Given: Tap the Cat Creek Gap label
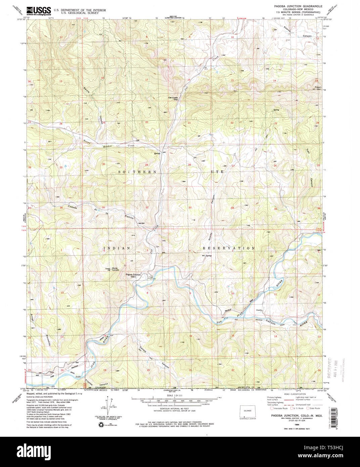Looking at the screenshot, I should click(x=173, y=98).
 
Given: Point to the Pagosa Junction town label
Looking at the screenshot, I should click(x=133, y=275).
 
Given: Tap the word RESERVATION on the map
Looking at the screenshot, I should click(x=228, y=248).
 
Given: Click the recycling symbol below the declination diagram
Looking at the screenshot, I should click(x=101, y=425).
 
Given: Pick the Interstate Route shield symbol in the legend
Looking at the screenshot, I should click(x=271, y=408).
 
